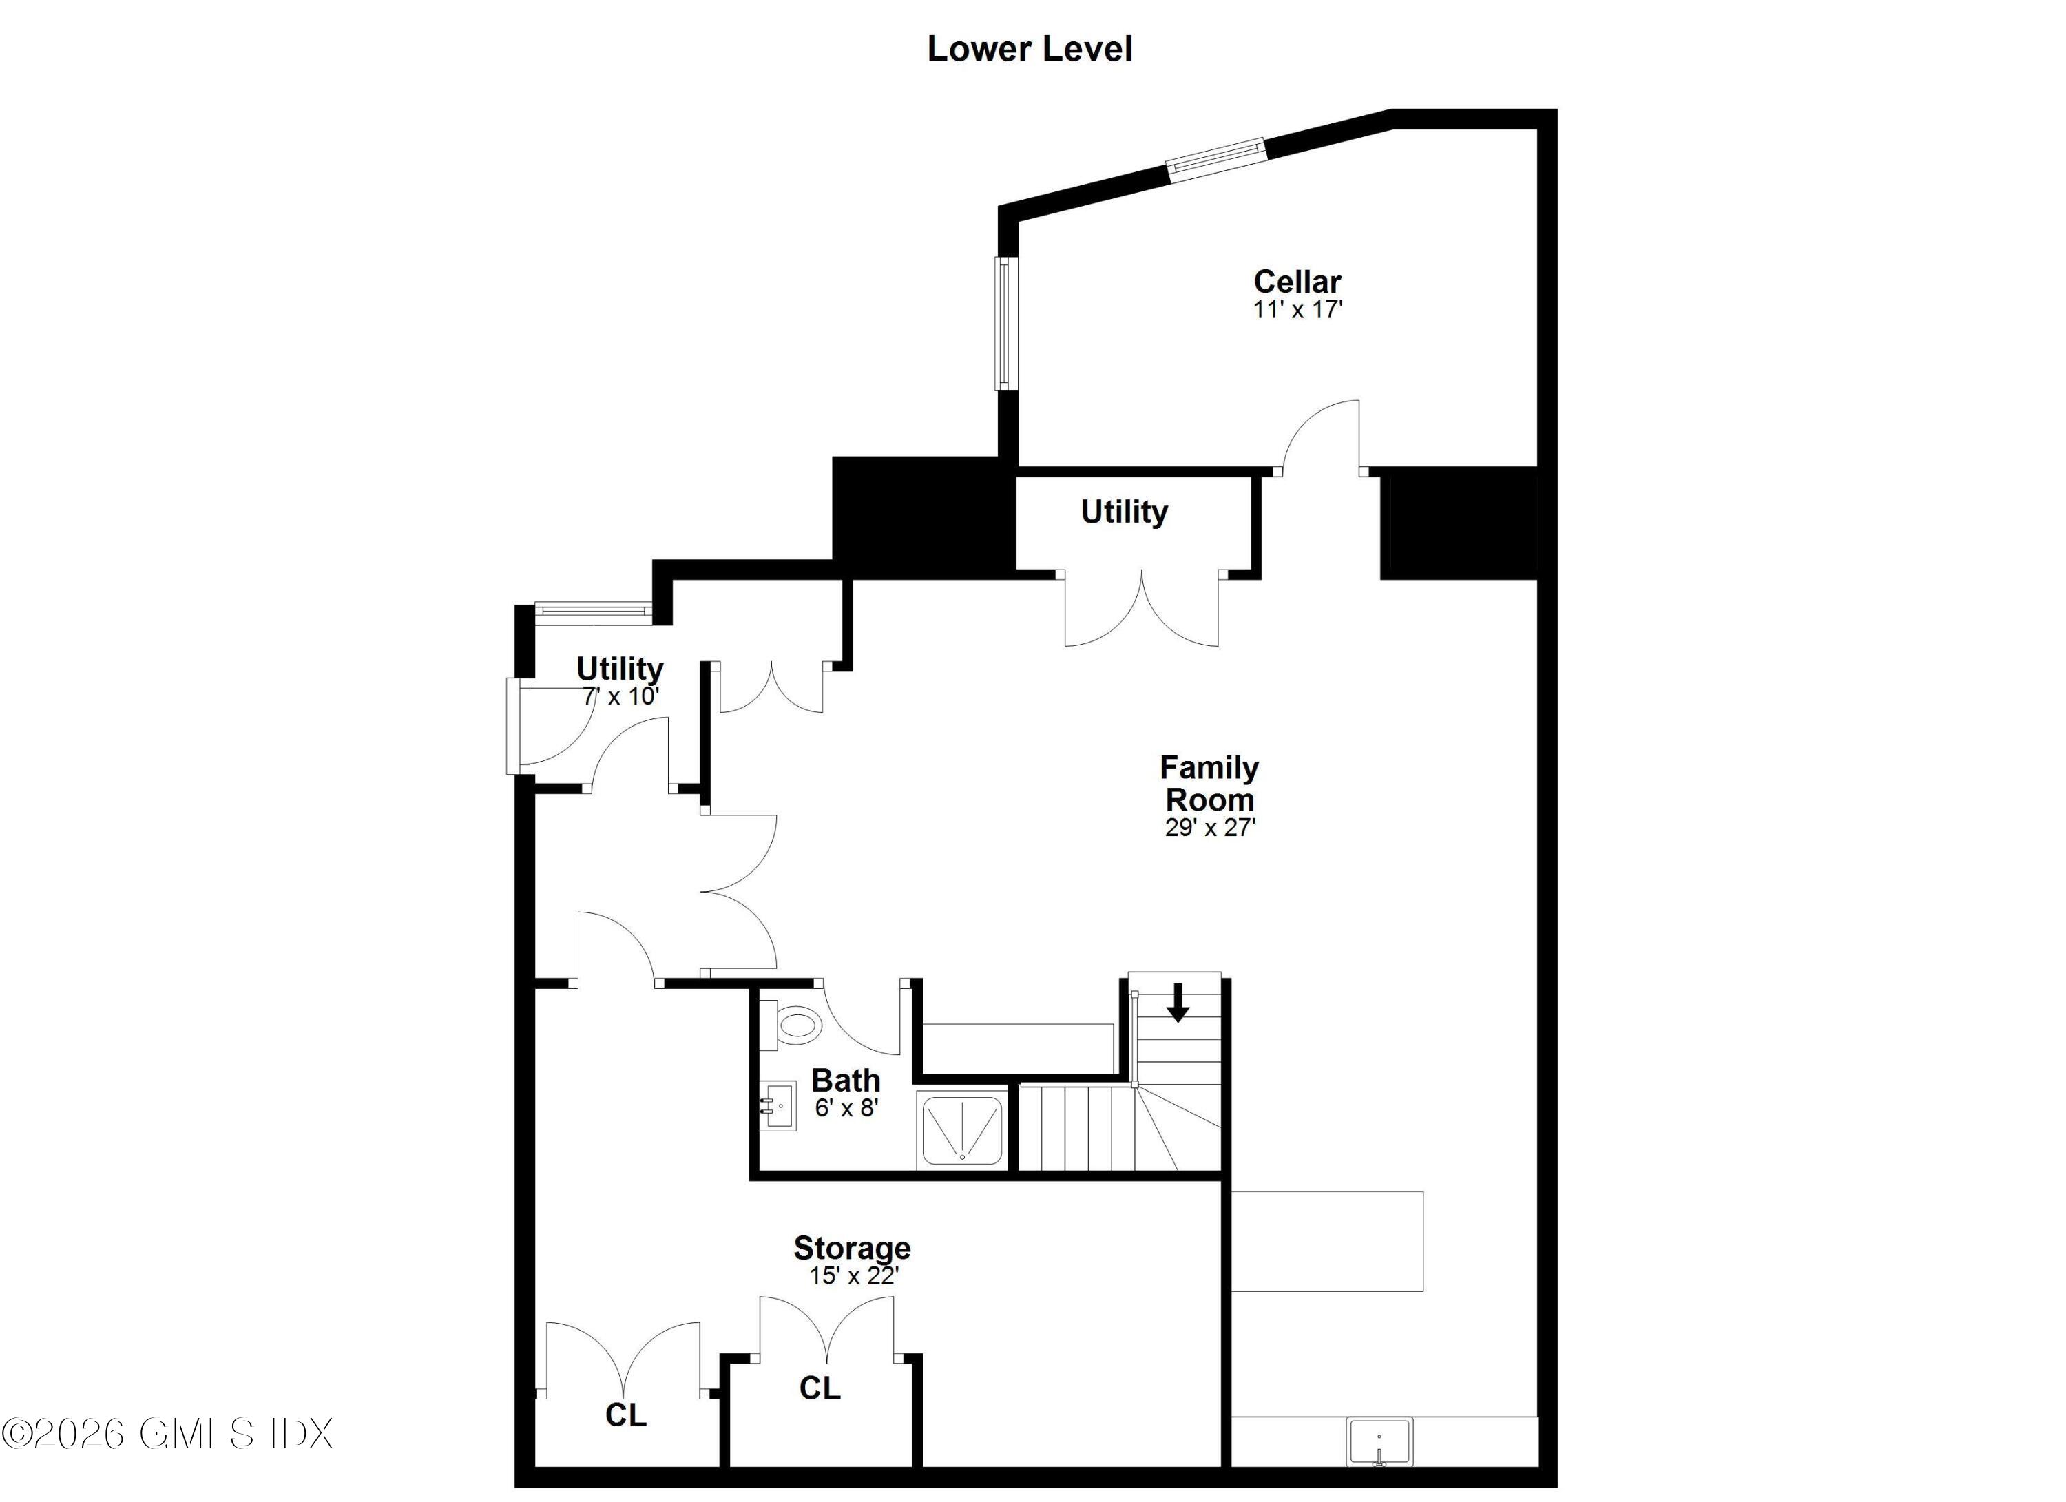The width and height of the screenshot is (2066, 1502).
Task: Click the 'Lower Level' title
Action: [x=1030, y=49]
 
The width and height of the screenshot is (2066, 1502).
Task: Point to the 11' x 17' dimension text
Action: [x=1297, y=310]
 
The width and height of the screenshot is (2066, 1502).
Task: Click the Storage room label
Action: [x=852, y=1247]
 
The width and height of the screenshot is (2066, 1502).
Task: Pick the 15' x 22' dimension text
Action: [x=853, y=1275]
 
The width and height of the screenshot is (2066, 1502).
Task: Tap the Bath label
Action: [x=846, y=1081]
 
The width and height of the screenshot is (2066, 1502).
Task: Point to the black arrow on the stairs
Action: [x=1178, y=1002]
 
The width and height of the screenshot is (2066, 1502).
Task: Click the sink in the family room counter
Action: [x=1379, y=1443]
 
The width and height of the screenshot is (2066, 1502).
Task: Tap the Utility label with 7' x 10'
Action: [x=619, y=669]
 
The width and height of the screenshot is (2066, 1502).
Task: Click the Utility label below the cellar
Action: [x=1124, y=512]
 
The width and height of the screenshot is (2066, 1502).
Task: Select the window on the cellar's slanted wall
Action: [x=1216, y=159]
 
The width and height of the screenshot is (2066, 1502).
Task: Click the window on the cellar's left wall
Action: [x=1004, y=324]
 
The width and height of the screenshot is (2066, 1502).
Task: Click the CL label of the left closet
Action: [x=626, y=1415]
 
